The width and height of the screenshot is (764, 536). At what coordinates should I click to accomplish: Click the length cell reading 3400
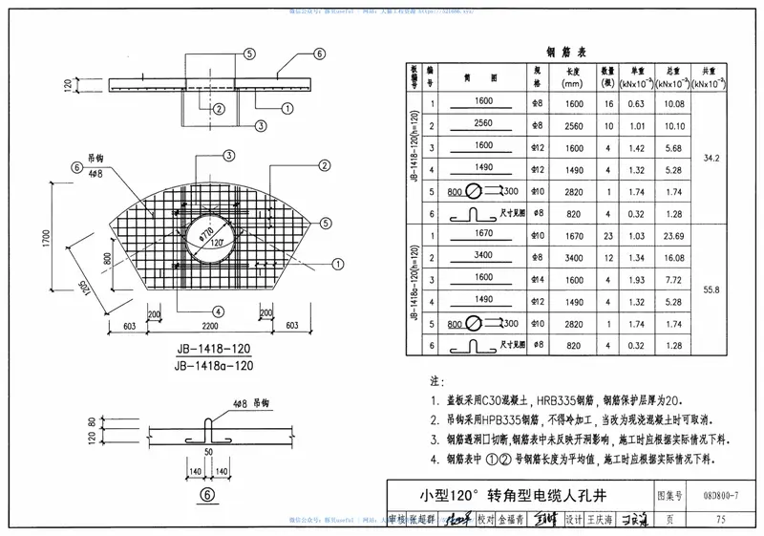574,257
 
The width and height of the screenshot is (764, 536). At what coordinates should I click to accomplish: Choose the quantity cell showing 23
607,234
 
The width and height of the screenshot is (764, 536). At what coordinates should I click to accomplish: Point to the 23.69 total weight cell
673,234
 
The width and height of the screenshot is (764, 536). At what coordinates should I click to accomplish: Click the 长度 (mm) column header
574,77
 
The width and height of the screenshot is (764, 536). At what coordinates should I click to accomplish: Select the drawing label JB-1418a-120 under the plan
214,365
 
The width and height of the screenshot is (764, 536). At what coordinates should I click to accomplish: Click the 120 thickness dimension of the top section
67,85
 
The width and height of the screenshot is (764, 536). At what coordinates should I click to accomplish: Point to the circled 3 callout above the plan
229,155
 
